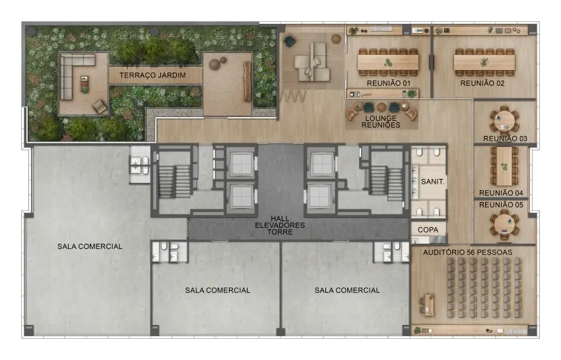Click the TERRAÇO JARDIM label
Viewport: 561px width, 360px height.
tap(152, 75)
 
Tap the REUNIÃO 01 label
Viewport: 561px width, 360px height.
tap(389, 83)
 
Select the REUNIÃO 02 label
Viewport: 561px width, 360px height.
tap(482, 83)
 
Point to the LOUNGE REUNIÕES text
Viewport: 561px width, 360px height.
tap(381, 122)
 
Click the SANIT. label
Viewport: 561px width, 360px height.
tap(432, 182)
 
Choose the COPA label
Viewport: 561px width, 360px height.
tap(428, 230)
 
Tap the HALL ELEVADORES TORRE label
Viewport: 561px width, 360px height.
tap(280, 225)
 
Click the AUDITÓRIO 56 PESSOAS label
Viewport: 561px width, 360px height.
tap(468, 252)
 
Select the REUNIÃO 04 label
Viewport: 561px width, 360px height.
tap(501, 193)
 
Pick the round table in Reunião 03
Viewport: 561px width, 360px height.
tap(504, 121)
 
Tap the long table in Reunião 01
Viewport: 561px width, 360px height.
tap(388, 63)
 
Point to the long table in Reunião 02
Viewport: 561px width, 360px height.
tap(484, 63)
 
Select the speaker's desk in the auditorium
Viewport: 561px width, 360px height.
tap(428, 305)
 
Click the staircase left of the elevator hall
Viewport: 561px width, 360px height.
tap(175, 181)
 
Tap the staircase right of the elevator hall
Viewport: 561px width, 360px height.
tap(386, 184)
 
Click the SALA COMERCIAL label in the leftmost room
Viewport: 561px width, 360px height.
tap(90, 246)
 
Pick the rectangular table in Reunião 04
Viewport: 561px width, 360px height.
tap(504, 166)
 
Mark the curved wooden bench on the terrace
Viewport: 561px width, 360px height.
tap(247, 81)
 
